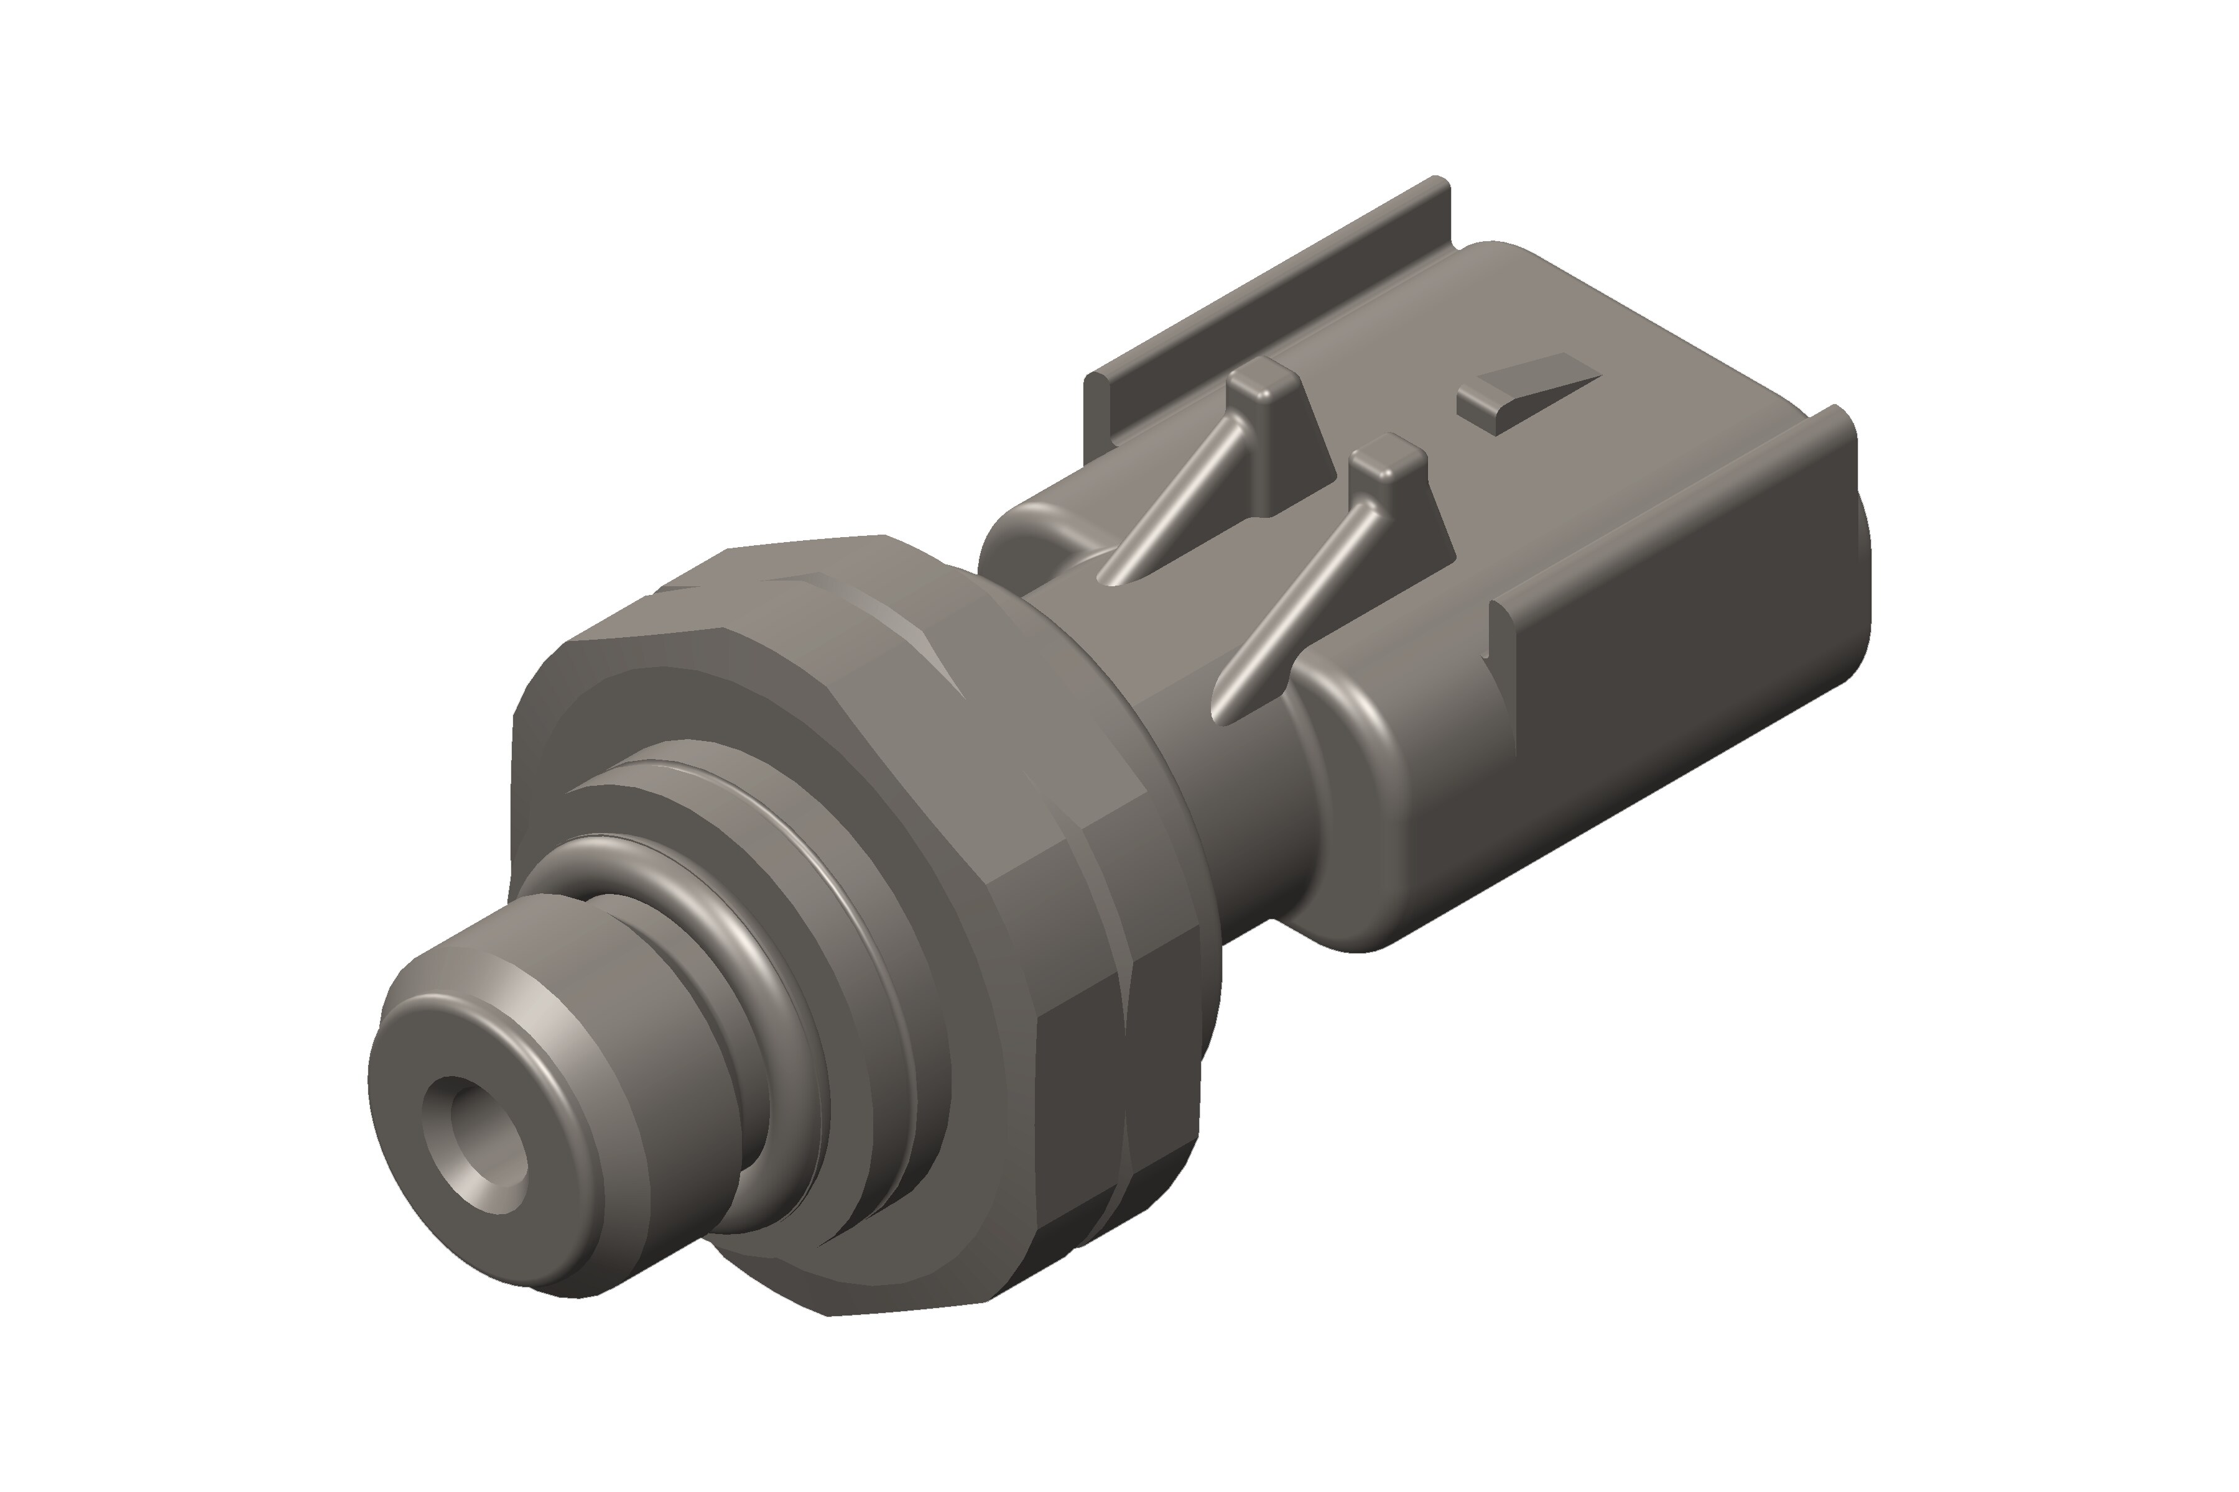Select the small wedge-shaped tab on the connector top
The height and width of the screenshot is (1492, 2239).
pyautogui.click(x=1523, y=392)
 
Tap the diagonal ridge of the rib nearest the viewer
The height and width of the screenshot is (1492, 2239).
pyautogui.click(x=1295, y=609)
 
